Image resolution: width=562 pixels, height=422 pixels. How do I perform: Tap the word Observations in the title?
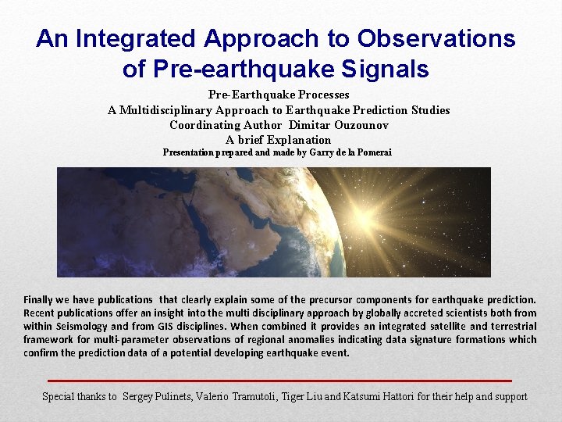click(436, 38)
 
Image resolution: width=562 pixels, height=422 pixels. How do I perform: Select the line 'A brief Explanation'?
click(279, 140)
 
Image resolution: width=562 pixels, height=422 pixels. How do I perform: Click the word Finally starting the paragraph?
click(41, 299)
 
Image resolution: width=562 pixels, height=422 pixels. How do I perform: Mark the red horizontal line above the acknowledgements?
click(278, 381)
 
